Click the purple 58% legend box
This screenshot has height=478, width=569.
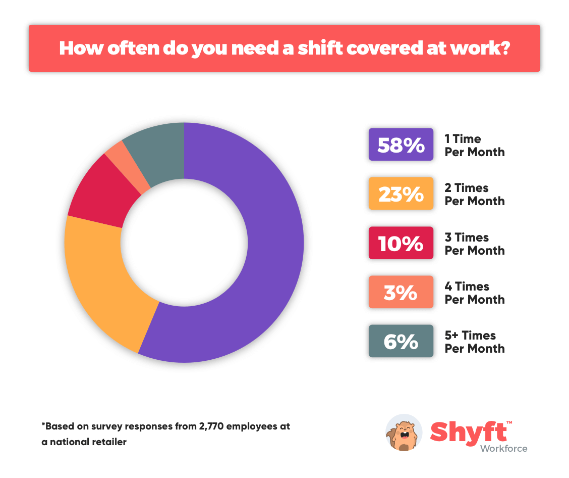401,145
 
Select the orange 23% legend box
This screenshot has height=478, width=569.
401,194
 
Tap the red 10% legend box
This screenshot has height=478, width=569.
401,243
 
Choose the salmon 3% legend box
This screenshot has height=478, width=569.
401,292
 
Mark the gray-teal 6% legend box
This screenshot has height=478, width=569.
401,341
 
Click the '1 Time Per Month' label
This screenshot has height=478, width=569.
474,146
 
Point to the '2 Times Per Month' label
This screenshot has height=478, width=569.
474,195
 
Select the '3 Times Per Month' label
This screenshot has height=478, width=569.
474,244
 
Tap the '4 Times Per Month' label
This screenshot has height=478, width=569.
474,293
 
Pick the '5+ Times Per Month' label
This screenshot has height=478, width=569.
474,342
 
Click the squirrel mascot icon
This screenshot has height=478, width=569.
404,433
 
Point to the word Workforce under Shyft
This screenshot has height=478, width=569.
503,448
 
